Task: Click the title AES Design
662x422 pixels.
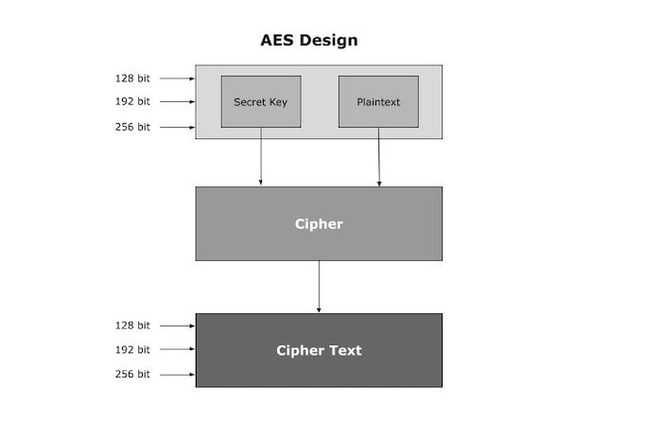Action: [309, 41]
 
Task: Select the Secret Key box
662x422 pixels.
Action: [261, 101]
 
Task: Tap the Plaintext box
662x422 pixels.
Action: [378, 101]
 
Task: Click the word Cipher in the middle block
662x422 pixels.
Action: [319, 224]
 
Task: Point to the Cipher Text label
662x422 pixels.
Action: [319, 350]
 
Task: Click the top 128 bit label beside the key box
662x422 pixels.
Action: [132, 79]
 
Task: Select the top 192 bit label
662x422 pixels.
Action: [132, 101]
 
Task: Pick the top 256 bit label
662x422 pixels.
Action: [132, 126]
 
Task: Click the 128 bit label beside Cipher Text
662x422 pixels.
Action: [132, 325]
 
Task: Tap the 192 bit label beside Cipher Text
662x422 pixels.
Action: [132, 349]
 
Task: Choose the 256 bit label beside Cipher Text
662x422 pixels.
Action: [132, 375]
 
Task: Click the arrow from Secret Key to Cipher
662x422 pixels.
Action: [261, 156]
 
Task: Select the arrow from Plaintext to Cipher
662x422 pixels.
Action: [379, 156]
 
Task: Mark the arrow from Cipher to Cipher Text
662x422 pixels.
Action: [319, 286]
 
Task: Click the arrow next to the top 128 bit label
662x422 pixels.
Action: [178, 79]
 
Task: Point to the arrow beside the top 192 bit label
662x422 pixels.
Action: [178, 102]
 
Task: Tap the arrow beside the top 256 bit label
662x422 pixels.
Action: [178, 127]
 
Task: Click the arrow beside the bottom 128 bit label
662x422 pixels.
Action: [178, 325]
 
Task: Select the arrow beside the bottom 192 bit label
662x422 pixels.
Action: [178, 349]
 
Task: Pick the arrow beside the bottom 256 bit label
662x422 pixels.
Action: [178, 375]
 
